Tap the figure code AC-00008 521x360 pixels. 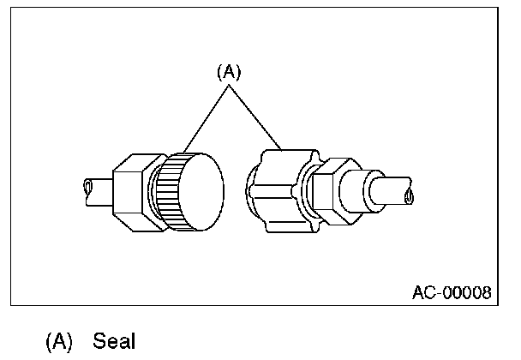click(451, 292)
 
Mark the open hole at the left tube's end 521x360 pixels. click(87, 186)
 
